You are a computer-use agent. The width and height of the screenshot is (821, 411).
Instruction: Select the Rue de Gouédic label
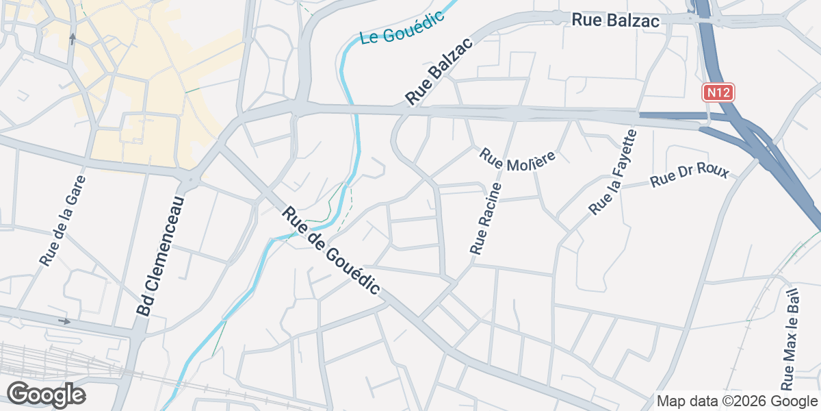click(x=330, y=251)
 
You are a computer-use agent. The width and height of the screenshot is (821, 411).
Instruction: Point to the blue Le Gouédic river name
click(x=402, y=27)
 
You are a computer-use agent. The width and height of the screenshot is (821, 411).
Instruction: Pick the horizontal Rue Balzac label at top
click(x=616, y=21)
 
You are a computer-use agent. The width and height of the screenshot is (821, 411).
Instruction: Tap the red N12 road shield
click(x=718, y=92)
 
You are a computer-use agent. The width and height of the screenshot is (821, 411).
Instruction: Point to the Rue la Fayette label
click(x=614, y=172)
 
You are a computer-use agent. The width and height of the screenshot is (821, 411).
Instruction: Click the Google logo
click(x=46, y=395)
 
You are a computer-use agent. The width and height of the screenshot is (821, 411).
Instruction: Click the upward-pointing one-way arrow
click(x=73, y=38)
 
